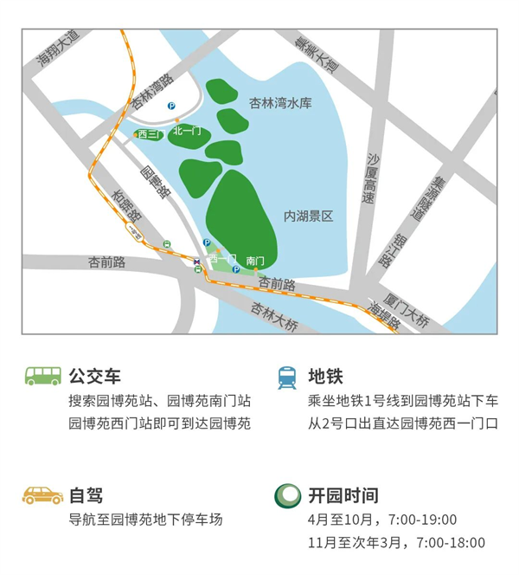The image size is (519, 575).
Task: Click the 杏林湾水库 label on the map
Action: point(279,103)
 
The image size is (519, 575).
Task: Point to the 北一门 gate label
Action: point(187,131)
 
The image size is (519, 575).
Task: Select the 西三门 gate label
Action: point(148,134)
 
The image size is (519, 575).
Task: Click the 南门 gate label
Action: point(254,260)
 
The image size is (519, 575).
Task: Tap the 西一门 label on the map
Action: point(222,259)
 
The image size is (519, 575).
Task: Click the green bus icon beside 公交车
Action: point(42,377)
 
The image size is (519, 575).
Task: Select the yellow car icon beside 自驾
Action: point(42,495)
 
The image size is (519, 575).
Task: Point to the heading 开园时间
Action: point(343,495)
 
